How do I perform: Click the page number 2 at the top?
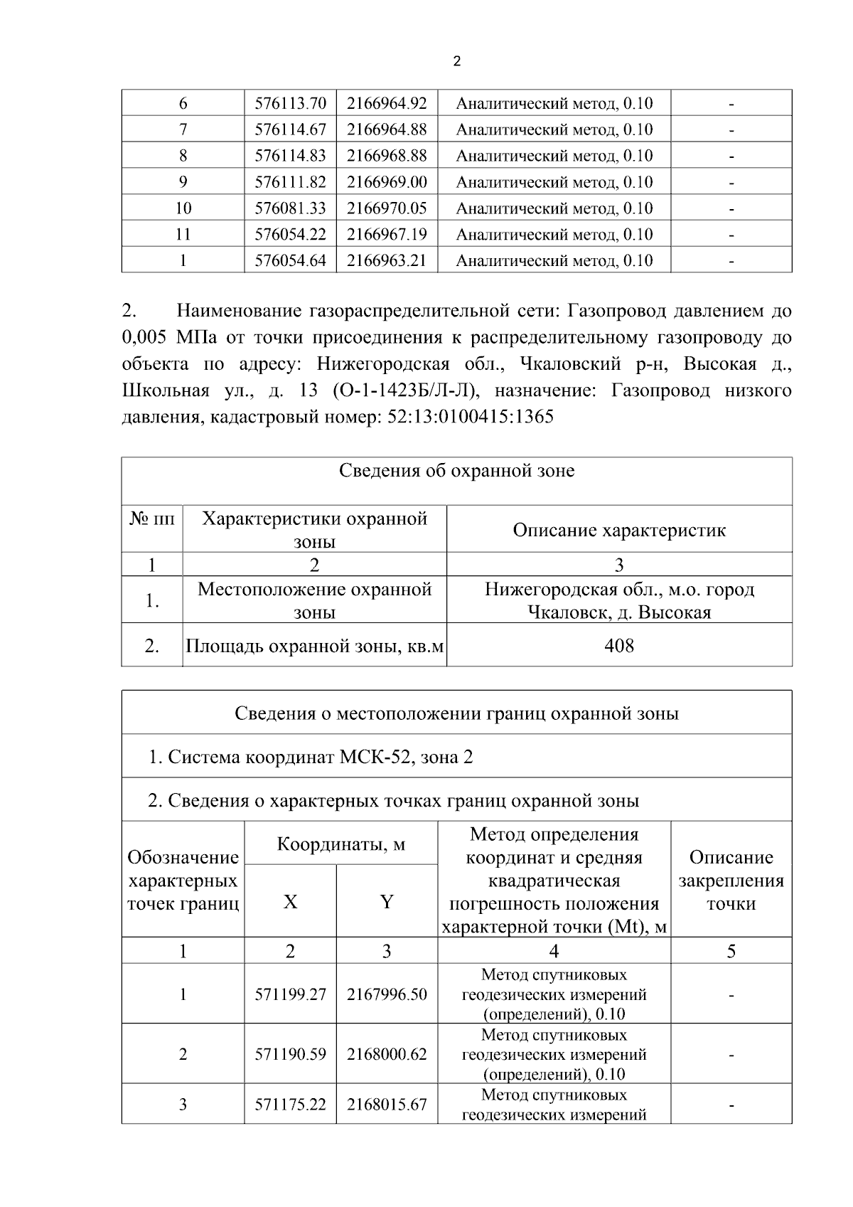(456, 62)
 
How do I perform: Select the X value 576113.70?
(290, 104)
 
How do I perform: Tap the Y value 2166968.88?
(387, 156)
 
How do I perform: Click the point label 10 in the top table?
(183, 208)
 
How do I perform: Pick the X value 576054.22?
(290, 234)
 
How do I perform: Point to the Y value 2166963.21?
(387, 260)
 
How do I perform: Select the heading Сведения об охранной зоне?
(456, 471)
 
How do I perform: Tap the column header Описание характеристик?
(619, 530)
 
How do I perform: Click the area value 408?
(619, 646)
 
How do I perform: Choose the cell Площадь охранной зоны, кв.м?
(314, 646)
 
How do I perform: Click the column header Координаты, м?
(340, 844)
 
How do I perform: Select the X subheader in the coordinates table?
(290, 902)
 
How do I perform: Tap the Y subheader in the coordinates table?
(387, 902)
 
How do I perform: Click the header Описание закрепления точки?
(731, 880)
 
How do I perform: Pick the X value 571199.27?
(290, 994)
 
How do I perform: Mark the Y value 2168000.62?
(387, 1054)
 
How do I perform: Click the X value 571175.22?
(290, 1105)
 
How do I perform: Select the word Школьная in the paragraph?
(166, 390)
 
